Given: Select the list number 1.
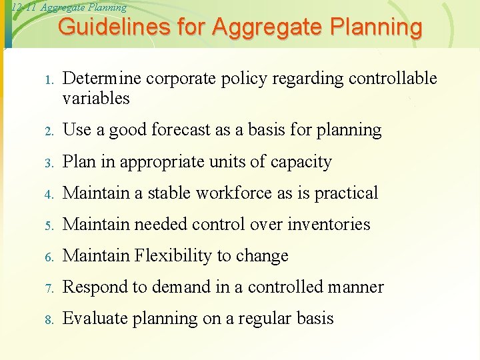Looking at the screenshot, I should tap(48, 81).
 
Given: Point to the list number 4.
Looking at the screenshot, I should tap(48, 195).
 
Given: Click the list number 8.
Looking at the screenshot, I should tap(48, 320).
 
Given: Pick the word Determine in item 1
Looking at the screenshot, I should tap(101, 79).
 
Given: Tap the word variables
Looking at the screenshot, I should tap(96, 99).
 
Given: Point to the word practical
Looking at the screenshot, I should tap(346, 193).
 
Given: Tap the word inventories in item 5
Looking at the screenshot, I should tap(329, 225).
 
